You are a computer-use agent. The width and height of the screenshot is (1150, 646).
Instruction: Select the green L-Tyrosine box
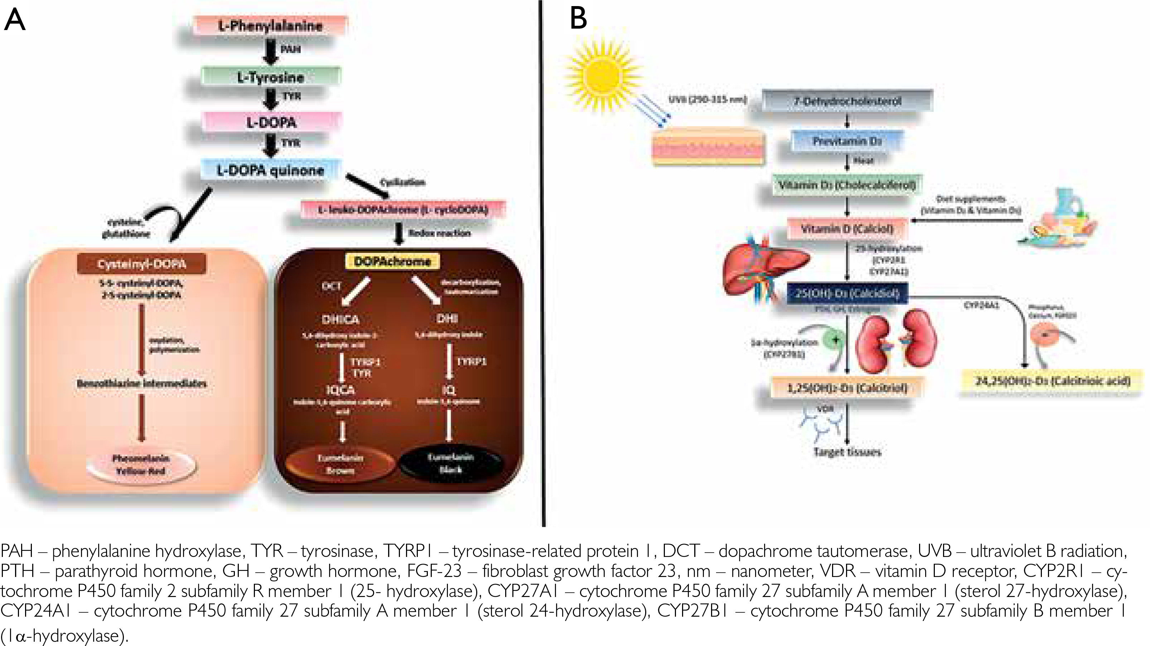point(271,77)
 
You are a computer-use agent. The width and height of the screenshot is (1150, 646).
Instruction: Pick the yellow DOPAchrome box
point(392,261)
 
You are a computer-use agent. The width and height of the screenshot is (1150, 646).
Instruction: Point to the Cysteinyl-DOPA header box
point(141,264)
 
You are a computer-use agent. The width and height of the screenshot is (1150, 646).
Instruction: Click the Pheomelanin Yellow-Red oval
point(141,464)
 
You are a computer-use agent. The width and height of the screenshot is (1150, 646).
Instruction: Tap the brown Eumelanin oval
point(340,464)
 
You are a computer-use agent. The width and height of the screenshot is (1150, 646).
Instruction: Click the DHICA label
point(340,319)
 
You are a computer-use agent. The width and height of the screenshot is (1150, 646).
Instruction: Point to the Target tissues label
point(847,452)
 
